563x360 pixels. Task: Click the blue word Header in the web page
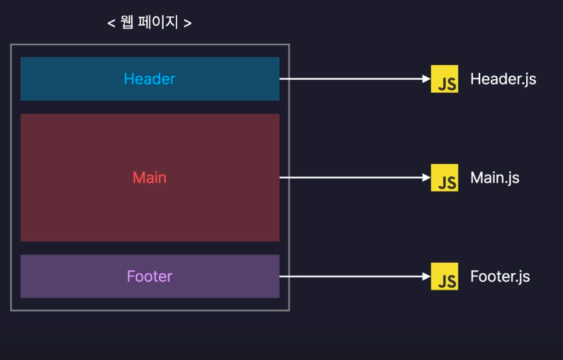click(149, 79)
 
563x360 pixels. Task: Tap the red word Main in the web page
click(149, 178)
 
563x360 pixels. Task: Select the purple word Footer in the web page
click(149, 276)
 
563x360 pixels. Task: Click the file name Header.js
click(503, 79)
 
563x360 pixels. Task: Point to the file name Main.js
click(495, 178)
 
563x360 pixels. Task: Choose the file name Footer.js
click(500, 276)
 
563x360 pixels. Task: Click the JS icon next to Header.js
click(444, 79)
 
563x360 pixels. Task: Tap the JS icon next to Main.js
click(444, 178)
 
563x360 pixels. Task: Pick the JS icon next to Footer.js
click(444, 276)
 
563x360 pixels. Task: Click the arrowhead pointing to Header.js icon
click(426, 79)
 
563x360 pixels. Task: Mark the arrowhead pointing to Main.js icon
click(426, 178)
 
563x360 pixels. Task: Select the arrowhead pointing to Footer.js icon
click(426, 276)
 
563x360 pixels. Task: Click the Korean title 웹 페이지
click(150, 23)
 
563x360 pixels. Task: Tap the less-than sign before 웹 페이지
click(111, 24)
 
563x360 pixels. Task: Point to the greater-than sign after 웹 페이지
click(188, 24)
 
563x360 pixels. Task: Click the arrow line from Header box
click(350, 79)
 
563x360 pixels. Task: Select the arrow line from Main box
click(350, 178)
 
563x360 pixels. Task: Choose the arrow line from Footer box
click(350, 276)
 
